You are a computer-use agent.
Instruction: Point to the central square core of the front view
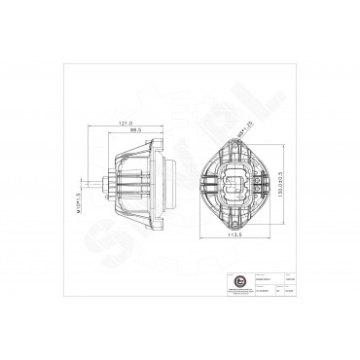click(x=235, y=181)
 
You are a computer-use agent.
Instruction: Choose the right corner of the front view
click(x=270, y=182)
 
